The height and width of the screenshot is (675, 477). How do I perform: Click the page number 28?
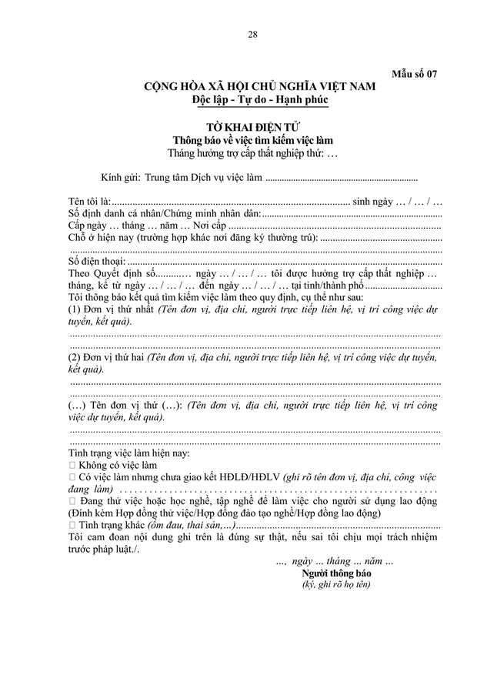[253, 35]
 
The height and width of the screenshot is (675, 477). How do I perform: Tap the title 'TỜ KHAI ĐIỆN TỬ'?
[252, 127]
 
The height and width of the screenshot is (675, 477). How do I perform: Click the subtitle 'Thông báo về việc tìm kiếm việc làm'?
[253, 140]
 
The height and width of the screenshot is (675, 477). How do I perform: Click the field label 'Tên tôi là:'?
[90, 201]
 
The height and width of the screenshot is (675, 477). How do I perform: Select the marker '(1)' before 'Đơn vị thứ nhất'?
[77, 309]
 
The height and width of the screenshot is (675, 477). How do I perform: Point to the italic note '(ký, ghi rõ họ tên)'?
[336, 585]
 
